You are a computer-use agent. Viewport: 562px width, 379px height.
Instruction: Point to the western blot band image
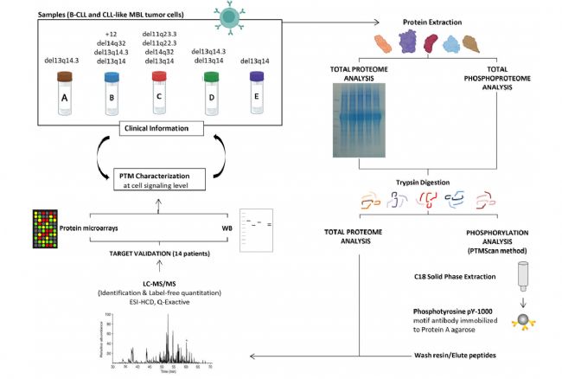258,224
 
